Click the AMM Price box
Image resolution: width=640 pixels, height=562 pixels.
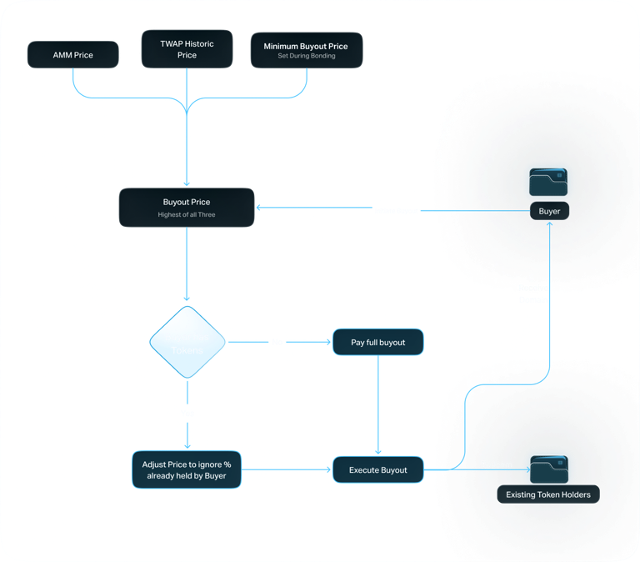point(72,55)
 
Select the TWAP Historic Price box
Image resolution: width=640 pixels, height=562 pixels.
point(187,48)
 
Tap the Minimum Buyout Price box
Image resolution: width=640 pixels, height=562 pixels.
point(306,50)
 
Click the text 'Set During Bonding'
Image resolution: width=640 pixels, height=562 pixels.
point(306,56)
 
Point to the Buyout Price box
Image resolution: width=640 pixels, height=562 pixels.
point(187,207)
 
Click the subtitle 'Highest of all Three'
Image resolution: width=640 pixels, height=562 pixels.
point(187,215)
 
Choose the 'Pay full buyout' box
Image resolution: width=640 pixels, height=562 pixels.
point(378,342)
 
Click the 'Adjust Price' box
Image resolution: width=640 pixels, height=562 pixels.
point(187,469)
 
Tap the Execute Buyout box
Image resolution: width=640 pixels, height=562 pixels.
point(378,469)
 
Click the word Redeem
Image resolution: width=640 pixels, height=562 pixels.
point(497,464)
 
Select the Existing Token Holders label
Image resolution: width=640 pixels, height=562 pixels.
point(548,495)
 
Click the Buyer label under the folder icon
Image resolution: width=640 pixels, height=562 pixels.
point(549,211)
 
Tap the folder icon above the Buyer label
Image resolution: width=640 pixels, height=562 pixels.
point(548,183)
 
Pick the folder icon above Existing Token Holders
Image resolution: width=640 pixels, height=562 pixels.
point(548,467)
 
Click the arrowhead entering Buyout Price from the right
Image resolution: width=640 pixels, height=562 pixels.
point(260,208)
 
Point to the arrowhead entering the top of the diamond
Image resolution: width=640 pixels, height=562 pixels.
point(187,298)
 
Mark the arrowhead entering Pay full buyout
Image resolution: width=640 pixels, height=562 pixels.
point(327,341)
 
